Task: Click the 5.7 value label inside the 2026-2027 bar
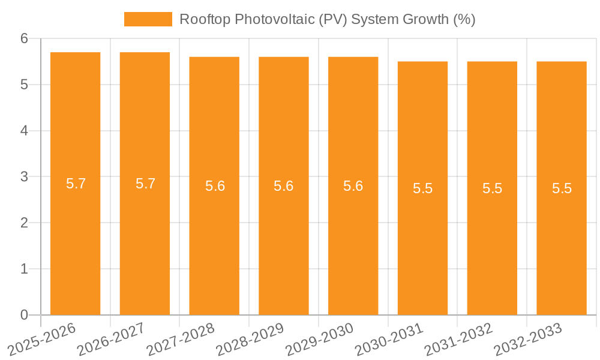point(145,184)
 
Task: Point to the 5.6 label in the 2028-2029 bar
point(283,186)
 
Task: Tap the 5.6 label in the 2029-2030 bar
point(353,186)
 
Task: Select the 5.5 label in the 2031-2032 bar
point(492,188)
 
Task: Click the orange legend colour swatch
point(148,19)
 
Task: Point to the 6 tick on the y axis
point(25,38)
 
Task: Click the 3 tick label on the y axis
point(25,177)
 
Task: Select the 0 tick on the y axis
point(25,315)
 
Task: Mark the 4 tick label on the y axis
point(25,131)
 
